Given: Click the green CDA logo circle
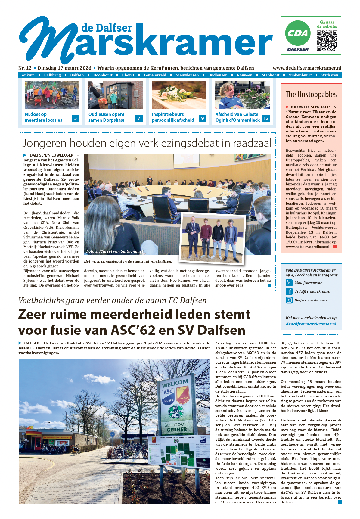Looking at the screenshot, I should point(298,33).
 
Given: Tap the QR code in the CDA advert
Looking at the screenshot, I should point(327,40).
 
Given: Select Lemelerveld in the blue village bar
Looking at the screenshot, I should point(155,75).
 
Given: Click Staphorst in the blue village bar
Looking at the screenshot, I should point(270,75).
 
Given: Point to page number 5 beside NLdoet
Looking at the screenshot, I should point(76,118).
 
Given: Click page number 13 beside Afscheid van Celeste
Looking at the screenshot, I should point(266,118).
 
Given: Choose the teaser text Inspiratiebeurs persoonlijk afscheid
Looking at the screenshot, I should point(173,117).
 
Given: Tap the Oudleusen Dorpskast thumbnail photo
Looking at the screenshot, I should point(115,95).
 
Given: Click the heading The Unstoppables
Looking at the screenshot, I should point(311,95).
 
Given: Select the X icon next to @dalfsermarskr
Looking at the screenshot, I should point(289,283).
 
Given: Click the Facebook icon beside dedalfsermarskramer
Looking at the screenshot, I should point(289,291).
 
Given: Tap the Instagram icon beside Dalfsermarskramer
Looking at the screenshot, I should point(289,300).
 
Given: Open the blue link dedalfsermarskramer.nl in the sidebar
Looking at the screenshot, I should point(311,324).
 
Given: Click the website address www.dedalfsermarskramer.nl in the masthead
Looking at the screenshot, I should point(307,68).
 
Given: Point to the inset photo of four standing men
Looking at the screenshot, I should point(212,238).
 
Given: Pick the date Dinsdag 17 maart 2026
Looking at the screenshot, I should point(64,68).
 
